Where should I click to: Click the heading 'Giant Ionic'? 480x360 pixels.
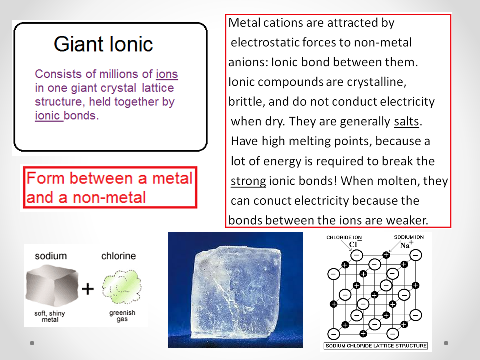coord(103,44)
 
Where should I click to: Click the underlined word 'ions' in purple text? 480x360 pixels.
coord(167,74)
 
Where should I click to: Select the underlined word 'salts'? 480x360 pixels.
coord(406,121)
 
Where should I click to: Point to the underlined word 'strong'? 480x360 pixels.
coord(248,181)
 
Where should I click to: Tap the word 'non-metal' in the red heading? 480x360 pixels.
coord(109,198)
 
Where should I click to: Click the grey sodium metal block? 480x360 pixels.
coord(51,285)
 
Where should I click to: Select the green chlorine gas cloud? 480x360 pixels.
coord(122,287)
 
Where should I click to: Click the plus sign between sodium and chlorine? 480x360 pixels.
coord(88,289)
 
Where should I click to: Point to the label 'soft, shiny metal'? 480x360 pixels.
coord(50,316)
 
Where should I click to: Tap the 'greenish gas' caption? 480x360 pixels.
coord(122,316)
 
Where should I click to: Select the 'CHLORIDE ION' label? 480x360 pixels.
coord(344,237)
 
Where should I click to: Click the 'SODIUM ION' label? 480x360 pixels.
coord(409,237)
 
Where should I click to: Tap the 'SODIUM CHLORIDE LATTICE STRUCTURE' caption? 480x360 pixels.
coord(376,346)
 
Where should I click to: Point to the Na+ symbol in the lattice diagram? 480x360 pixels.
coord(407,244)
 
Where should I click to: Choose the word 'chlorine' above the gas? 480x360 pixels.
coord(119,256)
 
